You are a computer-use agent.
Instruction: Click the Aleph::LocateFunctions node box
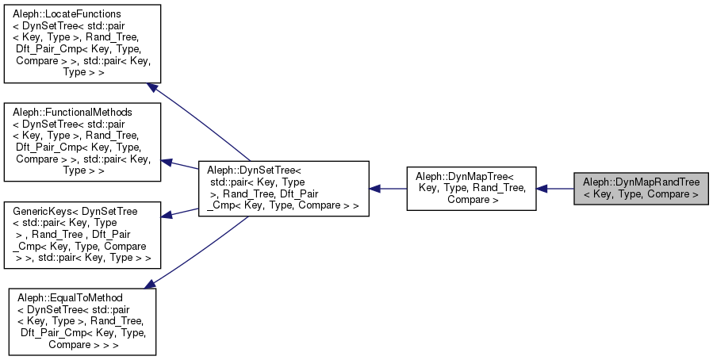tap(82, 44)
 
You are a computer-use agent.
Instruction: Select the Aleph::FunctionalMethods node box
tap(82, 140)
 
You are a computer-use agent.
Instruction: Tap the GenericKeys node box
tap(82, 235)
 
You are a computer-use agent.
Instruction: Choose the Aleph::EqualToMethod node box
tap(82, 320)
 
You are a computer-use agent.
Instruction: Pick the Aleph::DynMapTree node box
tap(471, 188)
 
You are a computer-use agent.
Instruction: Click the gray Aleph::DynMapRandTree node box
tap(641, 188)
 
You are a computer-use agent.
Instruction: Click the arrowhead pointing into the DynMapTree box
tap(542, 189)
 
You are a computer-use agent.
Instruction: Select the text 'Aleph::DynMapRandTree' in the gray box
tap(641, 182)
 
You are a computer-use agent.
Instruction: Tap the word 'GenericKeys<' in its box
tap(44, 212)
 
